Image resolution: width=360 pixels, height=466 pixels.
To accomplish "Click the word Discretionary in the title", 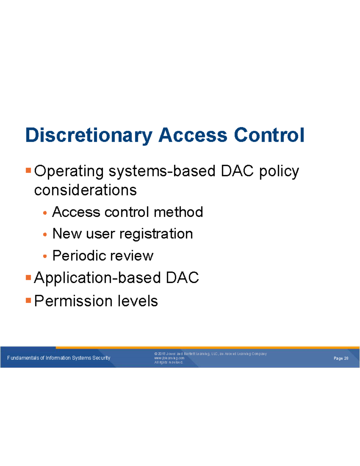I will (x=89, y=135).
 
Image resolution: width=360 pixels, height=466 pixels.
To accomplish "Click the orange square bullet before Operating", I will (x=28, y=170).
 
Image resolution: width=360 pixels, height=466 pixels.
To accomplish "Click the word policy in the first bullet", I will (x=279, y=171).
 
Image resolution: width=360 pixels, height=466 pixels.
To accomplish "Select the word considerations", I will (x=85, y=190).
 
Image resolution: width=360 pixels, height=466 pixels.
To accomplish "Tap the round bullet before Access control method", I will (x=45, y=213).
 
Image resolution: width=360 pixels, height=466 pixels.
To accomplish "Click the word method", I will (x=178, y=212).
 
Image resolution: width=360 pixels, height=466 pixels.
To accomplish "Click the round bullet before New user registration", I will (x=45, y=234).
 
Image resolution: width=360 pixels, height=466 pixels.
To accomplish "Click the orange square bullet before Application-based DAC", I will (x=28, y=277).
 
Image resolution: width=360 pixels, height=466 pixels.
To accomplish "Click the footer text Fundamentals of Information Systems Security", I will (x=59, y=358).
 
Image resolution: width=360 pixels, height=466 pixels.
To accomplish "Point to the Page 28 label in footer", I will (x=341, y=358).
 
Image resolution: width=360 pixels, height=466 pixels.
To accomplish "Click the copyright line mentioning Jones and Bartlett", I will (x=210, y=354).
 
